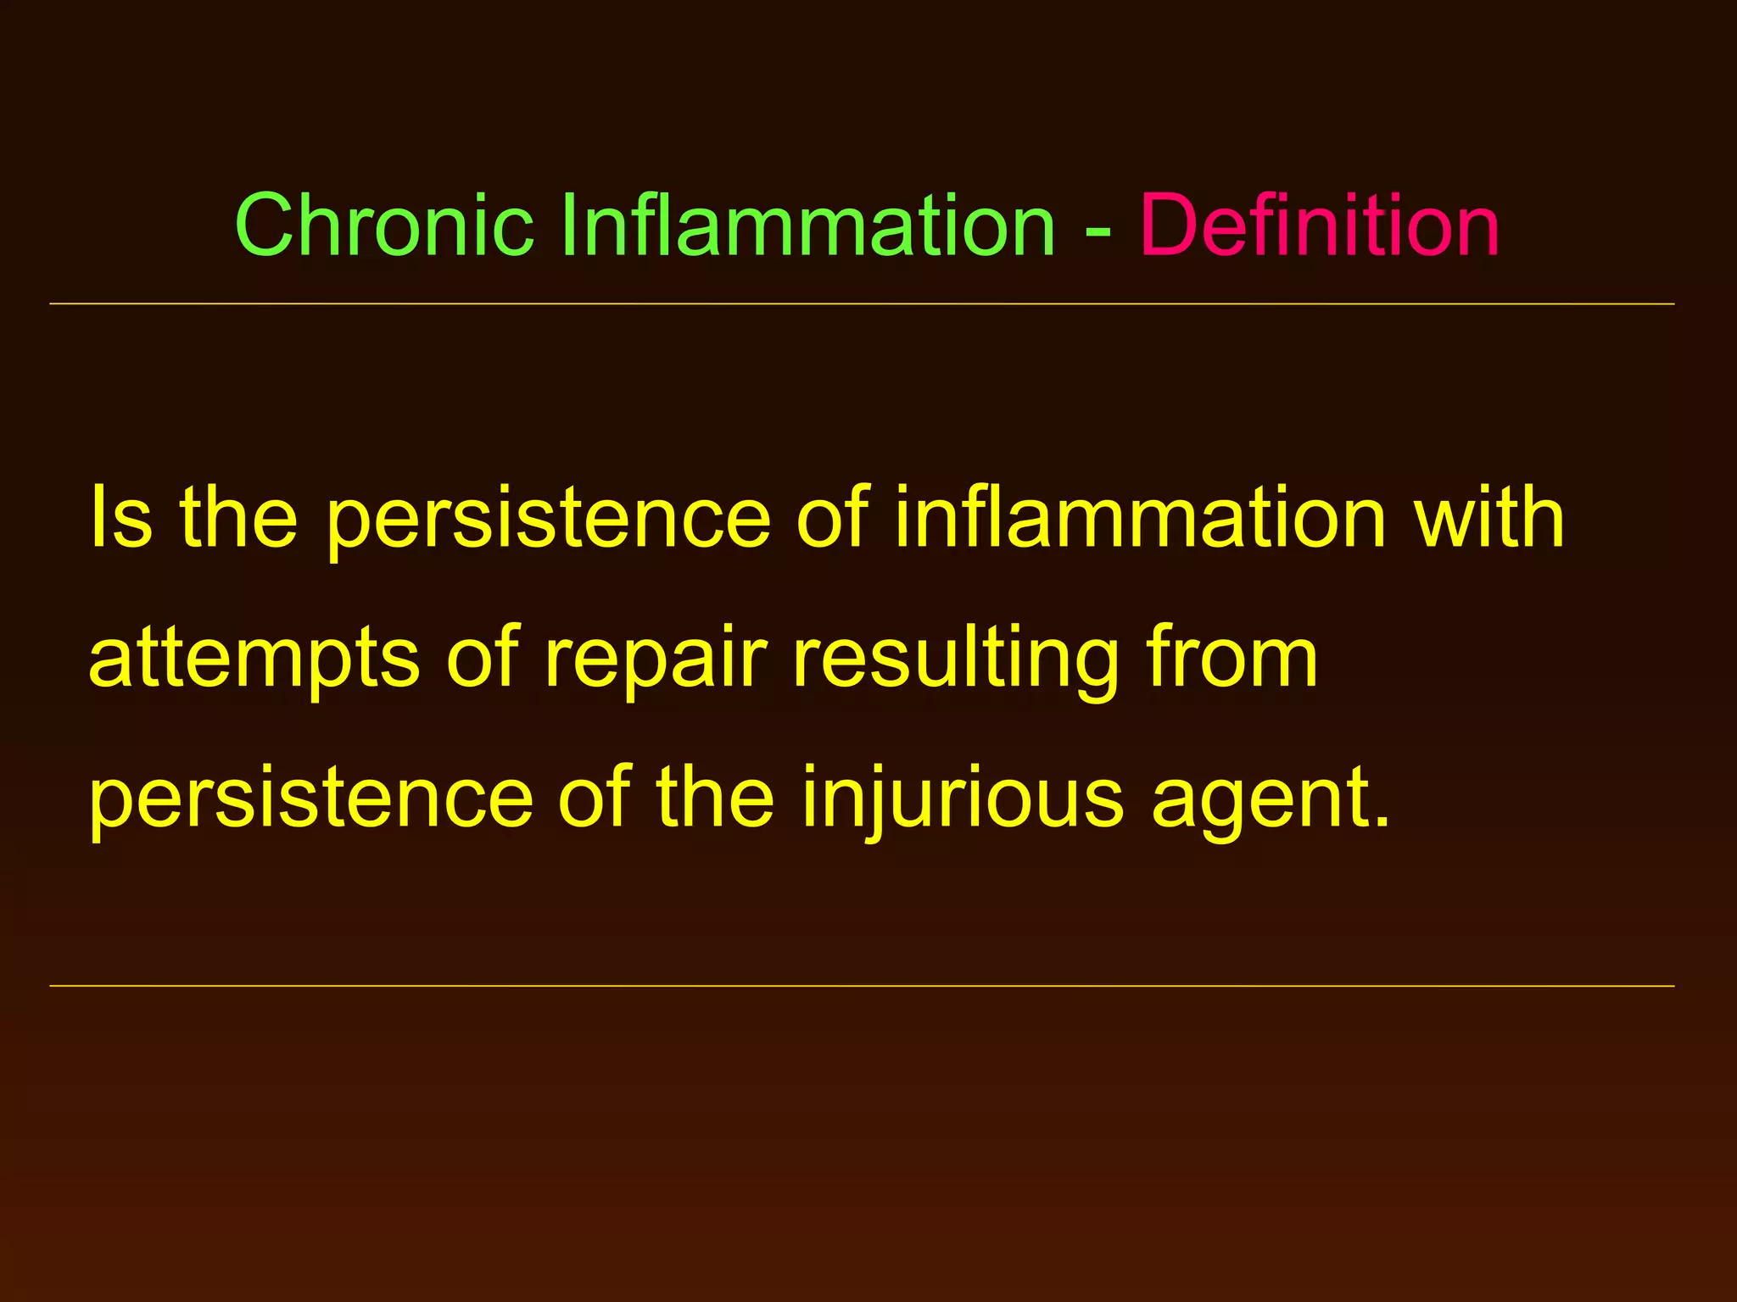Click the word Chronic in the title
point(384,225)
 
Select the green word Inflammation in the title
point(807,225)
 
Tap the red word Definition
point(1320,225)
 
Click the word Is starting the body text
point(120,518)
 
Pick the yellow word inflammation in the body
point(1140,518)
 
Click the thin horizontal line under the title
point(862,303)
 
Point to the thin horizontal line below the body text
point(862,986)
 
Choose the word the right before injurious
point(715,797)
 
